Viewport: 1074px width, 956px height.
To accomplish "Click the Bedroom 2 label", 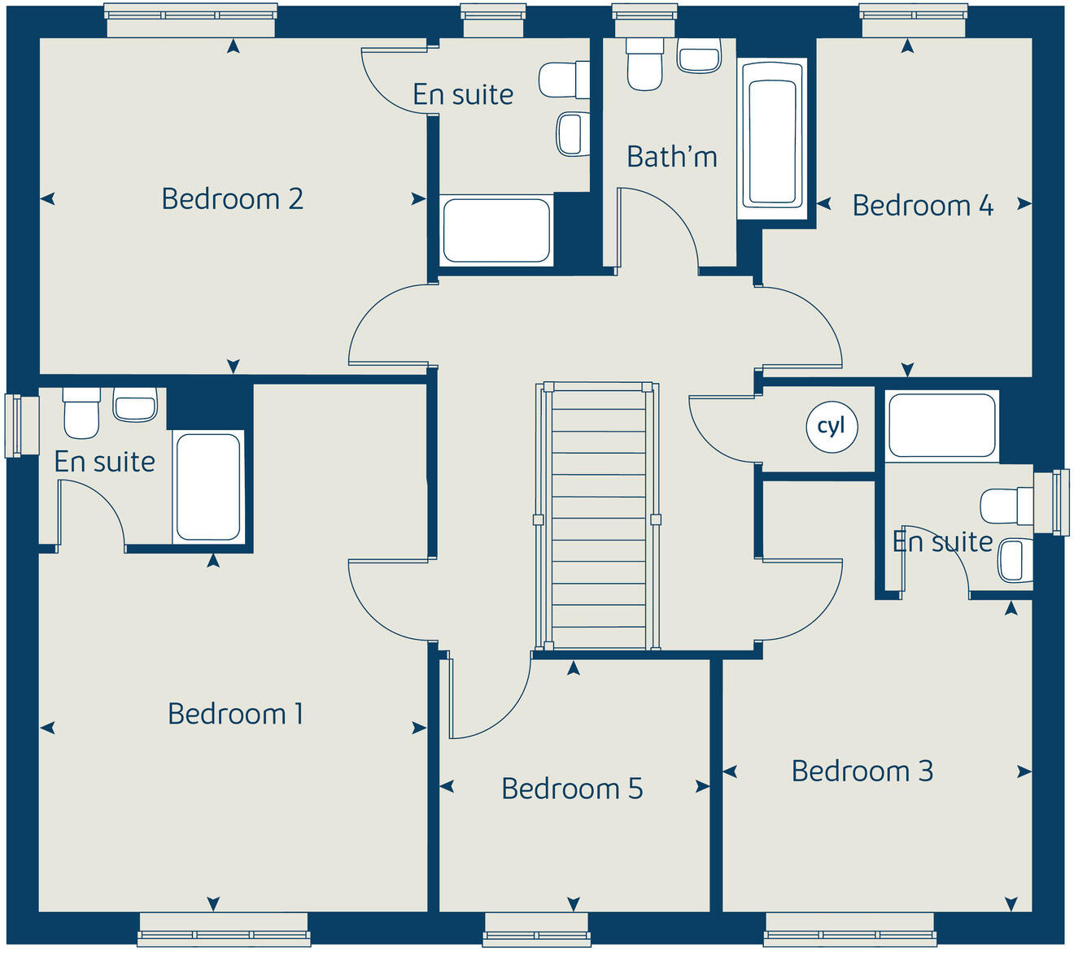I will [x=233, y=199].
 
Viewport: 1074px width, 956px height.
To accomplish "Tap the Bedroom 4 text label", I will [x=923, y=206].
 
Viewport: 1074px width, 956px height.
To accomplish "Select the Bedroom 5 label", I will [x=572, y=789].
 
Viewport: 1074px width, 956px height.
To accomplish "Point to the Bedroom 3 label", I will [x=862, y=771].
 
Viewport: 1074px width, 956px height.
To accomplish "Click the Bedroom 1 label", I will [x=235, y=714].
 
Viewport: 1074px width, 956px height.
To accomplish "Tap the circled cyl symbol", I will [x=832, y=427].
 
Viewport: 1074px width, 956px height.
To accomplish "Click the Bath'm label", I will [x=672, y=156].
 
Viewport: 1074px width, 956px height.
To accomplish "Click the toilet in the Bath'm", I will [x=644, y=64].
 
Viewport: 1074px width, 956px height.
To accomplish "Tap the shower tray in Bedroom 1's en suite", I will [x=208, y=486].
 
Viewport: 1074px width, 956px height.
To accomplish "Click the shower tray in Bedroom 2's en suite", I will [x=496, y=231].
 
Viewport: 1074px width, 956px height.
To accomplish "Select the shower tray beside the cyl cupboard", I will [x=941, y=425].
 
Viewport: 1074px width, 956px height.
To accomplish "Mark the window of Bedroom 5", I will [x=535, y=929].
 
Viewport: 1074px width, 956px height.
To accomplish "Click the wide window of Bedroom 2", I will [x=190, y=20].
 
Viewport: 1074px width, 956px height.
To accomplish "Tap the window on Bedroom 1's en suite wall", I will [x=21, y=425].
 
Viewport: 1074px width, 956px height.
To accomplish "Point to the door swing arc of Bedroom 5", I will [x=488, y=699].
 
